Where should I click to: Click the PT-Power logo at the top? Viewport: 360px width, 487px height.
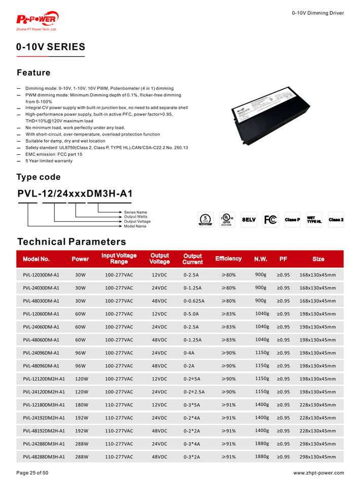[x=38, y=20]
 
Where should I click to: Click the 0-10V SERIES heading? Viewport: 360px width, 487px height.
[x=51, y=47]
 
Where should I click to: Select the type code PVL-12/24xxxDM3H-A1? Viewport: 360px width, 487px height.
[x=75, y=194]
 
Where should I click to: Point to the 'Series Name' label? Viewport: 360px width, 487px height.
[x=136, y=212]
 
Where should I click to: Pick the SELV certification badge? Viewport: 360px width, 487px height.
[x=249, y=220]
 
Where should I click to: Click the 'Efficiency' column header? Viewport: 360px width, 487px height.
[x=228, y=259]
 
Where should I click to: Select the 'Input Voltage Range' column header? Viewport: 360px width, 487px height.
[x=119, y=259]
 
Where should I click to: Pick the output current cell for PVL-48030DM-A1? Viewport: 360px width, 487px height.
[x=194, y=301]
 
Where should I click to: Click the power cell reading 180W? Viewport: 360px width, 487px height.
[x=82, y=405]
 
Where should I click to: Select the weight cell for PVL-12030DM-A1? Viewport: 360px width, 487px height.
[x=261, y=274]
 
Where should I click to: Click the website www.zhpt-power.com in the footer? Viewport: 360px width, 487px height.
[x=318, y=473]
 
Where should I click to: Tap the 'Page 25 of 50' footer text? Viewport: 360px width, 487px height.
[x=33, y=473]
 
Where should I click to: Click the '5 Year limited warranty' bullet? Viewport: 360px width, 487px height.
[x=49, y=161]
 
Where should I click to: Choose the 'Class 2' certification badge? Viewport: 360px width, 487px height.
[x=336, y=220]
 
